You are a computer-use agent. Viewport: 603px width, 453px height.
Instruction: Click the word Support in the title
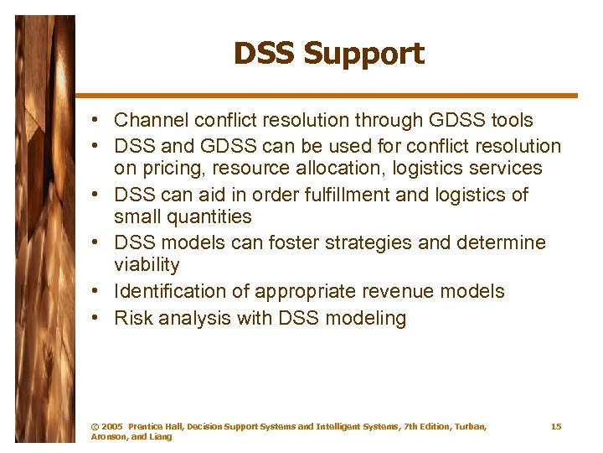pos(363,54)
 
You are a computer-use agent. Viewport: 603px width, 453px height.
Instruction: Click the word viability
pos(147,265)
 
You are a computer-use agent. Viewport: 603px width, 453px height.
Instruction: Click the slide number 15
pos(556,427)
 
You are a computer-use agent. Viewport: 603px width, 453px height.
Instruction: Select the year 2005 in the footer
pos(111,427)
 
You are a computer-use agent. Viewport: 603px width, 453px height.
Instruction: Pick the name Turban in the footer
pos(470,427)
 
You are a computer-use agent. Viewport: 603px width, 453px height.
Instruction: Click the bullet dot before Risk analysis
pos(99,319)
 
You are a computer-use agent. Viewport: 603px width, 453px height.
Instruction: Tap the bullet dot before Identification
pos(99,292)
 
